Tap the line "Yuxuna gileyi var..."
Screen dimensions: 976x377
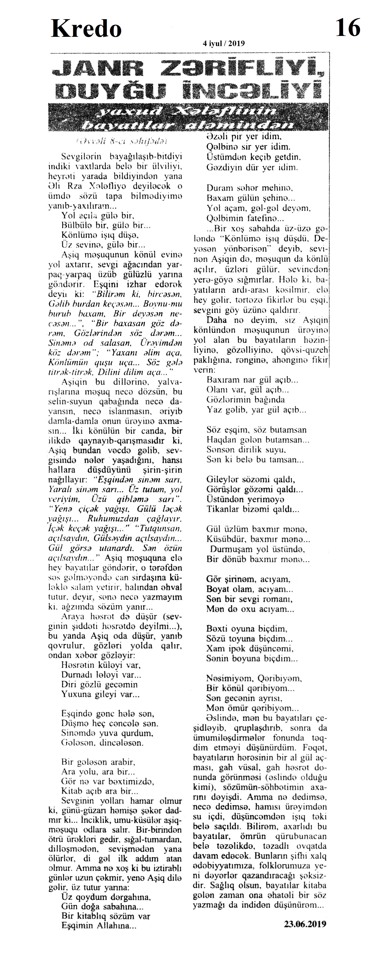[100, 695]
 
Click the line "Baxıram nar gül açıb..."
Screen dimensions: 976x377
[252, 379]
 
